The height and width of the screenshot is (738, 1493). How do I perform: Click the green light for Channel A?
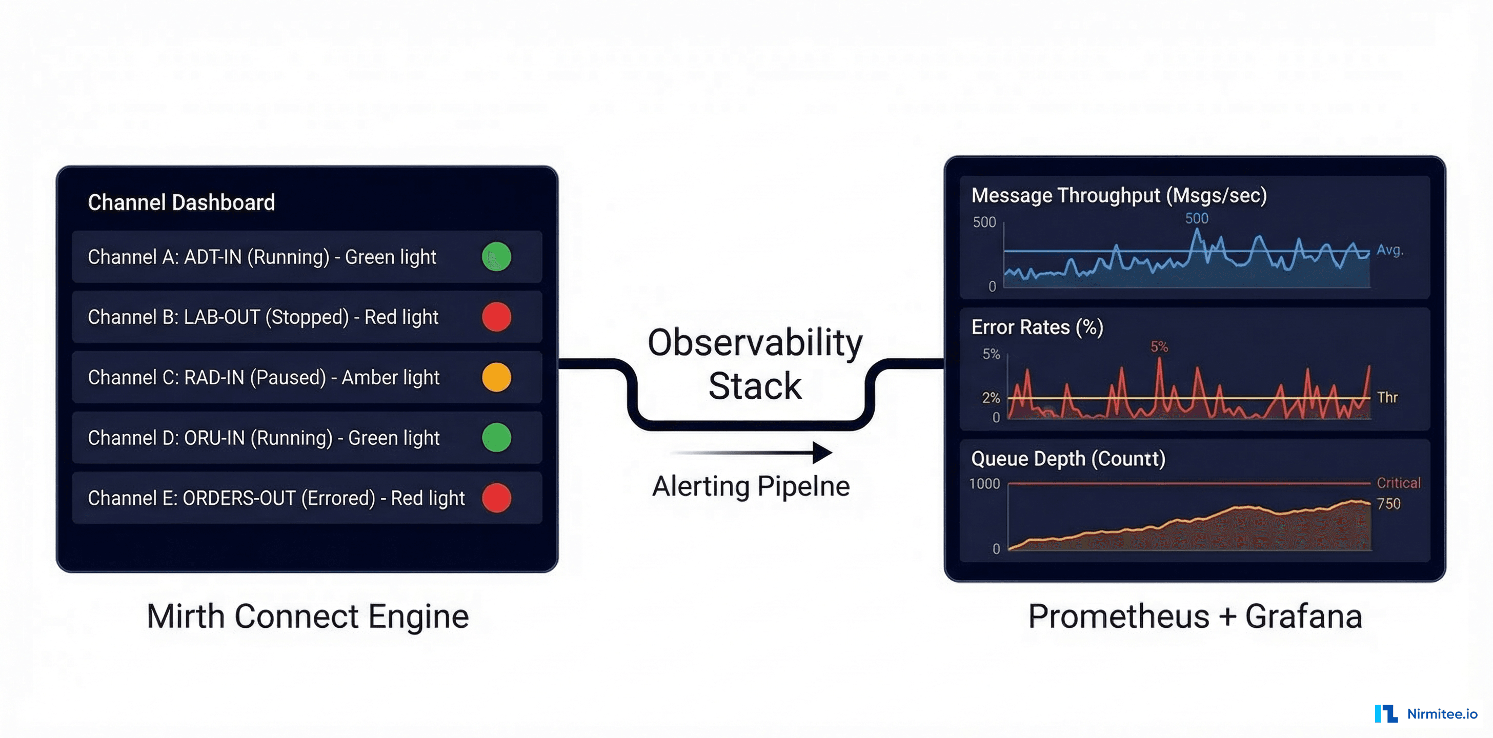(x=497, y=257)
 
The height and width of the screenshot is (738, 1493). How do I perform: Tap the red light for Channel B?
(x=497, y=317)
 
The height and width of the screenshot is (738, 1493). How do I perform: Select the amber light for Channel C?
(x=497, y=377)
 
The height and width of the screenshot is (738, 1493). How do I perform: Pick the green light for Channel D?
(x=497, y=437)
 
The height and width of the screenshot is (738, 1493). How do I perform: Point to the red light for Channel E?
(x=497, y=498)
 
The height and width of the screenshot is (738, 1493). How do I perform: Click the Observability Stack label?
(x=755, y=364)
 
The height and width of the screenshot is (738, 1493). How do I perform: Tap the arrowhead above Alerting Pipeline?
(x=822, y=453)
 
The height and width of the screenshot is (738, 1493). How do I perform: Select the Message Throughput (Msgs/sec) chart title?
(x=1119, y=196)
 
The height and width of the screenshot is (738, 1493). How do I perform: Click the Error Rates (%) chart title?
(x=1037, y=327)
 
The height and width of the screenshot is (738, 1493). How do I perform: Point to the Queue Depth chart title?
(x=1068, y=459)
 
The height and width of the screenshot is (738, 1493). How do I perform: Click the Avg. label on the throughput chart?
(x=1390, y=250)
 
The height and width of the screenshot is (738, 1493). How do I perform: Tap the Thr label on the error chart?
(x=1387, y=397)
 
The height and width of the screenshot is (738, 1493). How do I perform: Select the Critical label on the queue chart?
(x=1399, y=483)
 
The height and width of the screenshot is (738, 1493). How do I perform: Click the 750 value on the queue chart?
(x=1389, y=504)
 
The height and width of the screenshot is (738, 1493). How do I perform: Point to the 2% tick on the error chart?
(x=991, y=398)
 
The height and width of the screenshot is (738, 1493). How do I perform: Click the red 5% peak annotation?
(x=1159, y=347)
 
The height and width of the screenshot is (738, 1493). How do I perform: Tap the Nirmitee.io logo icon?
(x=1386, y=714)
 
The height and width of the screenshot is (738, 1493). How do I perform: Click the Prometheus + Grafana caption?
(x=1195, y=617)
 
